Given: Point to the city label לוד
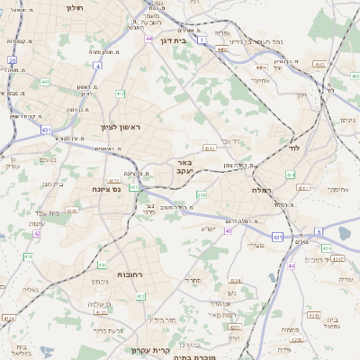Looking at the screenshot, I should (x=293, y=147).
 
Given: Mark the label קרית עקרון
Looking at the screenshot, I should (x=149, y=350).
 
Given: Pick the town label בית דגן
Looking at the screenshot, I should (x=184, y=40).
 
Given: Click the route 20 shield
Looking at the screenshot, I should (x=13, y=60).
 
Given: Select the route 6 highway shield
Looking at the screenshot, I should (x=319, y=231).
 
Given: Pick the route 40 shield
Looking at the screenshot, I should (x=228, y=230).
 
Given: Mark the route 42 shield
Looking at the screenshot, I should (x=38, y=233).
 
